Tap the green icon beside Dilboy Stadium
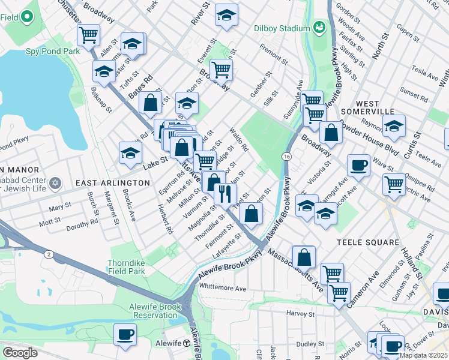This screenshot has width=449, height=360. [318, 27]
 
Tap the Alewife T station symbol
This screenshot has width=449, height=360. [187, 343]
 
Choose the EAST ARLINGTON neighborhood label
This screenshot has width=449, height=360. [112, 182]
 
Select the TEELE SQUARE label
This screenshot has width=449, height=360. [368, 242]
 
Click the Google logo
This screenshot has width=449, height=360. [19, 352]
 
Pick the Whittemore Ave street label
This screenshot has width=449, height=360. [223, 288]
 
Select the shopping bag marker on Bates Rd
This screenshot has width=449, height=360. [151, 102]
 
